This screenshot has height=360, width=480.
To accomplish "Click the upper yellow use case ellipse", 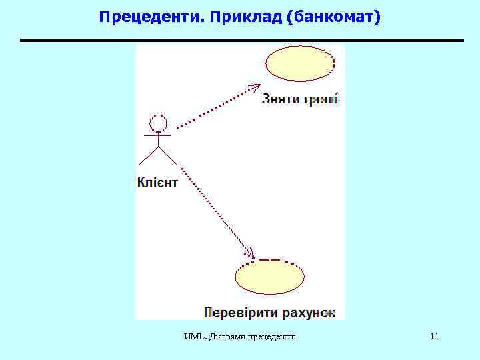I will tap(300, 63).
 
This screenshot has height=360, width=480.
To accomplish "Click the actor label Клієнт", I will tap(157, 181).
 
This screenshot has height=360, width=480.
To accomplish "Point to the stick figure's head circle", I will tap(158, 123).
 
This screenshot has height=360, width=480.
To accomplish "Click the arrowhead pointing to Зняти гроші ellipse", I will tap(254, 87).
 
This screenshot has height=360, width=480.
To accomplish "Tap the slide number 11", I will tap(435, 337).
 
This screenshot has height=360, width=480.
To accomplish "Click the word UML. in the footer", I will tap(193, 337).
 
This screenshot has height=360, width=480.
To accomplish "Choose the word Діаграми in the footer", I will tap(225, 337).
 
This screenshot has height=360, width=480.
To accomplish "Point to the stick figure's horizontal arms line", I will tap(157, 135).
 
